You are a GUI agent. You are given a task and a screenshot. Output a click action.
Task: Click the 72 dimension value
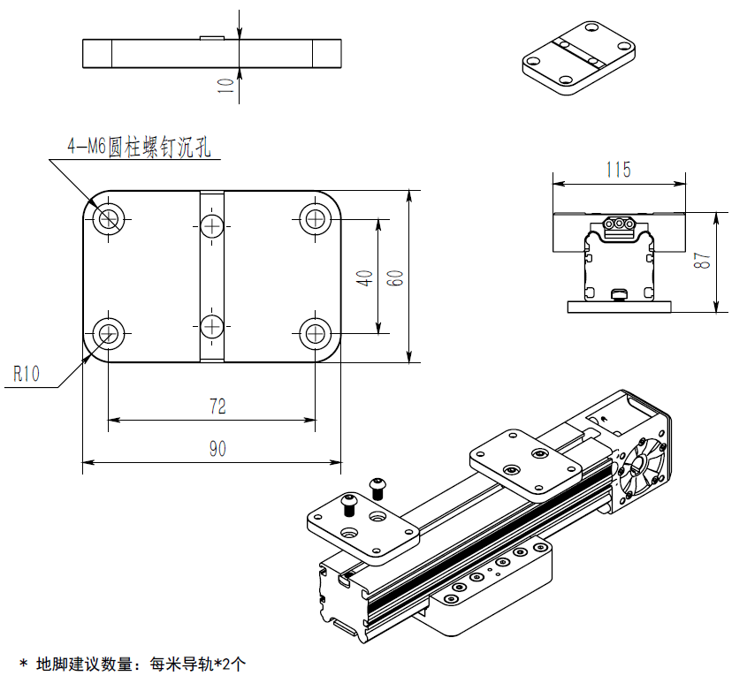point(217,406)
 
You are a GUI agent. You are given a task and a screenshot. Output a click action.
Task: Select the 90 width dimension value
point(217,449)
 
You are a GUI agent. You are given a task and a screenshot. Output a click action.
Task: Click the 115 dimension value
point(619,170)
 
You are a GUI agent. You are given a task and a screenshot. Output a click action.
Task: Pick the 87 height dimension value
point(702,262)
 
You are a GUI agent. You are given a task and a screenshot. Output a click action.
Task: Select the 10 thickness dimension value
point(226,85)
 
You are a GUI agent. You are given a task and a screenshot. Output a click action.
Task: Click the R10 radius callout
point(27,374)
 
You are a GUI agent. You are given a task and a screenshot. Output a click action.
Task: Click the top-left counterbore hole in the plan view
point(110,217)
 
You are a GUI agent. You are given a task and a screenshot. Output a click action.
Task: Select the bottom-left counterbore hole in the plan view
point(110,333)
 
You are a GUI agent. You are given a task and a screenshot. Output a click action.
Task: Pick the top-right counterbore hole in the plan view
point(315,217)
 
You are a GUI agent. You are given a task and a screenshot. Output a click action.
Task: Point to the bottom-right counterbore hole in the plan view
point(315,333)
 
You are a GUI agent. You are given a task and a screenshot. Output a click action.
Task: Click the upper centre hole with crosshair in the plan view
point(212,226)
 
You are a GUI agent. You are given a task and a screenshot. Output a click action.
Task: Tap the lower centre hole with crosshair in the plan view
point(212,326)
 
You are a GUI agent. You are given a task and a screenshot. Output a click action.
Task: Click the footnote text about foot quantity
point(132,664)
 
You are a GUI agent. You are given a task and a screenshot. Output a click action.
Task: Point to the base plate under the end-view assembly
point(619,307)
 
